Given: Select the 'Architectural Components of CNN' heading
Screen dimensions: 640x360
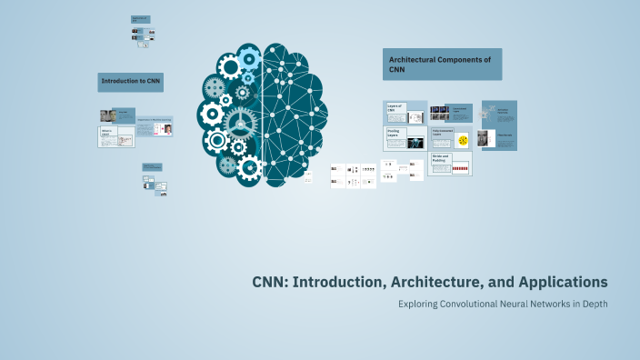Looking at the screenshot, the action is coord(442,65).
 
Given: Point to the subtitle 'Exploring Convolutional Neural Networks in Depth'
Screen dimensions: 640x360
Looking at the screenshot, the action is coord(503,304).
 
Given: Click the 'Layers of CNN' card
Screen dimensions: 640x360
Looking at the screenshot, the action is coord(405,113).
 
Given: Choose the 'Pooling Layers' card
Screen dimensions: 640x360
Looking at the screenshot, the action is coord(405,138).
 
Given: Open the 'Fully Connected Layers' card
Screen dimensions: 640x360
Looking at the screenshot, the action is coord(442,138).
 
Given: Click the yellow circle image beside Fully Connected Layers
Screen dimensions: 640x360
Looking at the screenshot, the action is coord(463,140).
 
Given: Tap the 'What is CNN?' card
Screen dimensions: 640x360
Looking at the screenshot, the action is coord(116,137).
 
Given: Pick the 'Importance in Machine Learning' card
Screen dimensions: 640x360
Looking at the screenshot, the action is coord(155,126).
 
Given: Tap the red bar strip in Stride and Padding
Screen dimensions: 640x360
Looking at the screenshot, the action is coord(459,169).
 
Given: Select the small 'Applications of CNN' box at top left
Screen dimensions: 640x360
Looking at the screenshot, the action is coord(141,19).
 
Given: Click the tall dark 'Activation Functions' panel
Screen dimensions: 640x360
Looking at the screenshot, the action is coord(499,125).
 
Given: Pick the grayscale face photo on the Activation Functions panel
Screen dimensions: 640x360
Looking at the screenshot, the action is coord(482,138).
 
